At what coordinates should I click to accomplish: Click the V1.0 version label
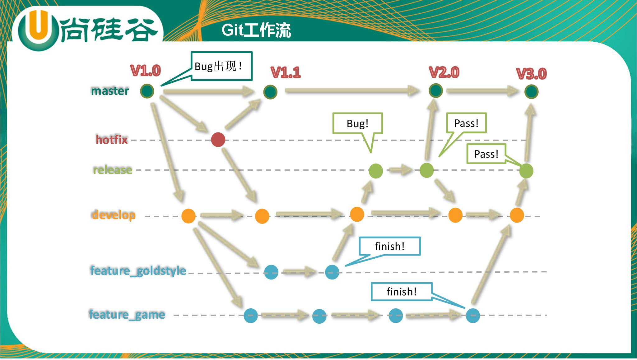coord(146,71)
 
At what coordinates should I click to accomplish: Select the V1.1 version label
coord(286,72)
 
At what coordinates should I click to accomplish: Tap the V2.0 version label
coord(444,72)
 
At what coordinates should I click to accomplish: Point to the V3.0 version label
coord(531,74)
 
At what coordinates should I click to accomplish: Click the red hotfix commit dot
coord(218,140)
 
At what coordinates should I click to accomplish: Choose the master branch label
coord(110,91)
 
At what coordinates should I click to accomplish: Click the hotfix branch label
coord(112,140)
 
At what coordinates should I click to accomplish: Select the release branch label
coord(113,170)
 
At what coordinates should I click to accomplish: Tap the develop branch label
coord(114,215)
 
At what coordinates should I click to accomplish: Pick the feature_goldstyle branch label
coord(138,270)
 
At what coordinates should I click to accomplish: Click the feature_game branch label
coord(127,314)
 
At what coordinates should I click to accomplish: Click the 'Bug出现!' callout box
coord(221,66)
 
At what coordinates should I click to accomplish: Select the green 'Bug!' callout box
coord(357,123)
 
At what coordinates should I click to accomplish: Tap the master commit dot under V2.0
coord(435,90)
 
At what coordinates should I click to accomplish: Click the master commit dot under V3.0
coord(531,92)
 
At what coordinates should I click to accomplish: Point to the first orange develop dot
coord(188,216)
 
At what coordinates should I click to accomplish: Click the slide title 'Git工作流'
coord(256,30)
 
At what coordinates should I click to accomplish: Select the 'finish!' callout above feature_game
coord(402,292)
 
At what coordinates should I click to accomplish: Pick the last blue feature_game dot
coord(473,316)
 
